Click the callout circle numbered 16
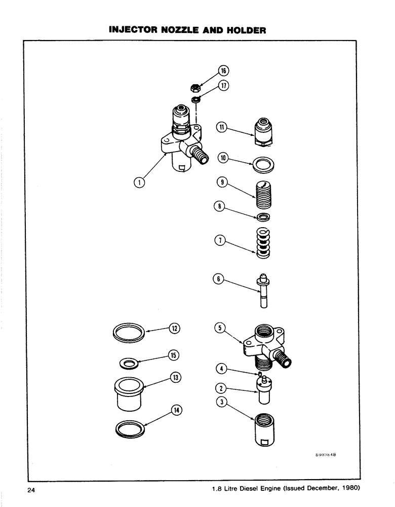223,70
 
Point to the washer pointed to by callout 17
195,99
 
